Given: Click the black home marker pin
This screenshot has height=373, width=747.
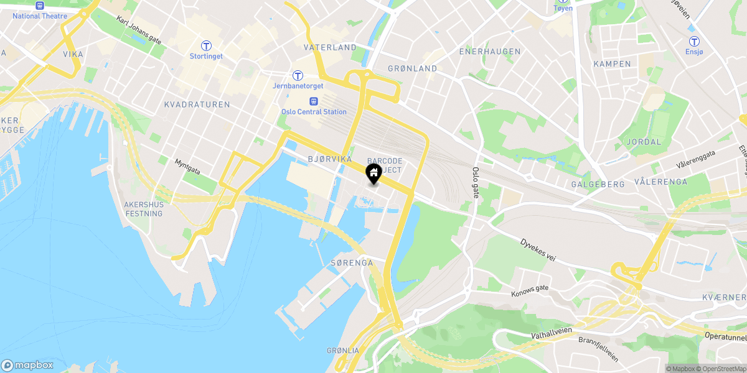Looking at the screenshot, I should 374,173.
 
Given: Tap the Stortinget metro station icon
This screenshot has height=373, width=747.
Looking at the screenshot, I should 206,45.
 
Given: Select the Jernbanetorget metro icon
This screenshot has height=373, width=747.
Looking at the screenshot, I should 298,76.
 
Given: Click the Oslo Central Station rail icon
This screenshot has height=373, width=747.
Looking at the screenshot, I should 313,101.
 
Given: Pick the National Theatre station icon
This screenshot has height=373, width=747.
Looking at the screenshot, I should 40,4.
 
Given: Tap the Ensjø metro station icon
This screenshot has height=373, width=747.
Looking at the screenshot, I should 693,42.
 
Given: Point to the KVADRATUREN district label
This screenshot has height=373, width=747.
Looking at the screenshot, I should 197,104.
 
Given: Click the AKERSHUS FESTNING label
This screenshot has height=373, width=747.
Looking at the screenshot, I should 143,209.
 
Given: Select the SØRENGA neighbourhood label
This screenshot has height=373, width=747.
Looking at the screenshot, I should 352,263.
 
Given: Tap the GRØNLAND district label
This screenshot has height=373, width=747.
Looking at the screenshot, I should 412,68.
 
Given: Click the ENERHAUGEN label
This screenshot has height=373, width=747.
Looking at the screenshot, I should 490,51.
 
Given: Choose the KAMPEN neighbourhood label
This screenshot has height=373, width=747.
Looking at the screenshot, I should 612,64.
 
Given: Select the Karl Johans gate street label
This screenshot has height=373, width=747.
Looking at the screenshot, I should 139,29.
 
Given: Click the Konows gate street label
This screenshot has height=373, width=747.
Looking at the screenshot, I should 530,290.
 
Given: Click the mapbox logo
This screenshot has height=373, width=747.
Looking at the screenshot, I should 27,365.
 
